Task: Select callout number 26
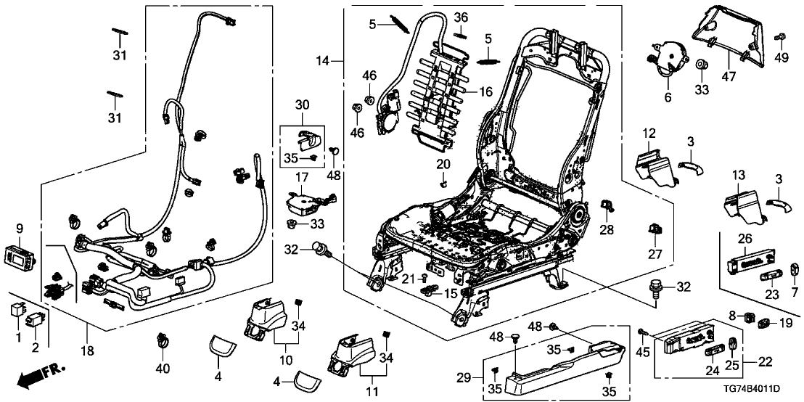[x=743, y=239]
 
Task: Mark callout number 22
[x=765, y=361]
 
